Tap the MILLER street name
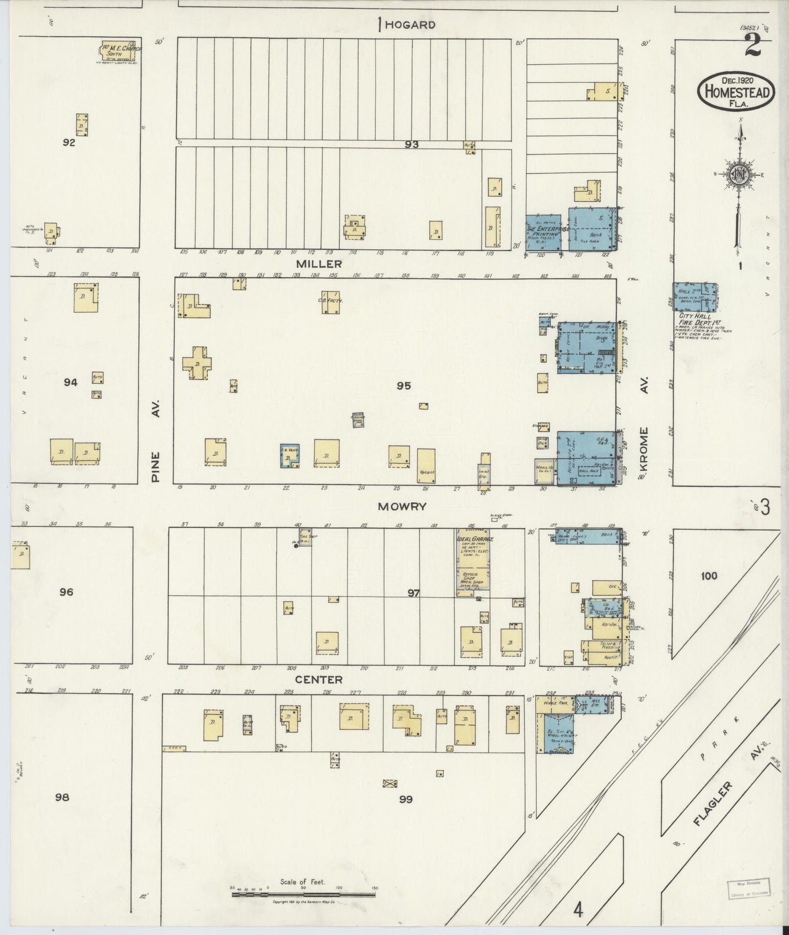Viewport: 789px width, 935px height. pos(312,263)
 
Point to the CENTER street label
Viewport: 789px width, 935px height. pos(319,680)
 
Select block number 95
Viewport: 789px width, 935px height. pos(404,386)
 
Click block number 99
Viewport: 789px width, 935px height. pos(406,800)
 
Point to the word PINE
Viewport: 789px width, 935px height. pos(156,466)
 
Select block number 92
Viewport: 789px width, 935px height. pos(69,143)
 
